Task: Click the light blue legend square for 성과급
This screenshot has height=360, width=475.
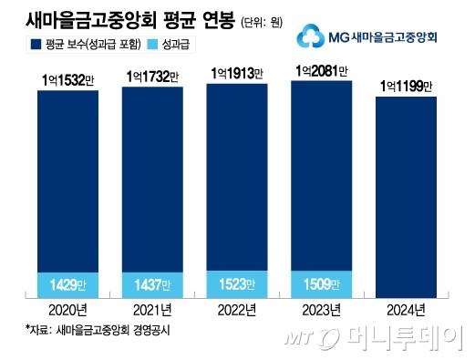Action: (x=187, y=44)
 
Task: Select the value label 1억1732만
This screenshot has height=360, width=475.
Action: (x=153, y=78)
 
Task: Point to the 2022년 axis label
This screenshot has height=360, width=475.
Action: (x=237, y=309)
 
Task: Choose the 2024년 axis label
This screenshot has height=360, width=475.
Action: (x=407, y=309)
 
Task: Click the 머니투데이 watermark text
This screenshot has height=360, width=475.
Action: (x=401, y=340)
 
